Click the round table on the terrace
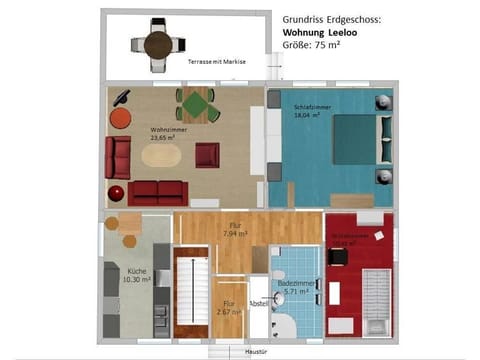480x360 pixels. (x=157, y=44)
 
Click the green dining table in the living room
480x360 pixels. (x=198, y=104)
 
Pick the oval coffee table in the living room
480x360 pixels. (x=162, y=157)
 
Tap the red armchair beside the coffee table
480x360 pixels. (x=207, y=155)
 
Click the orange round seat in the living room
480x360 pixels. (x=120, y=118)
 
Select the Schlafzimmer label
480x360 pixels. (x=306, y=106)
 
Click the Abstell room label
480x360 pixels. (x=258, y=302)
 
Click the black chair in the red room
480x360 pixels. (x=339, y=256)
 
